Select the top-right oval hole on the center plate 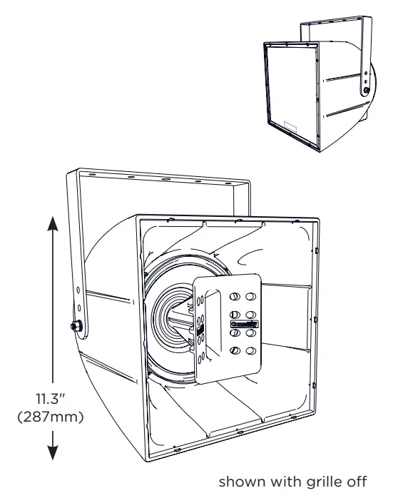[x=250, y=298]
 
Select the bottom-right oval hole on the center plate [x=250, y=351]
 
